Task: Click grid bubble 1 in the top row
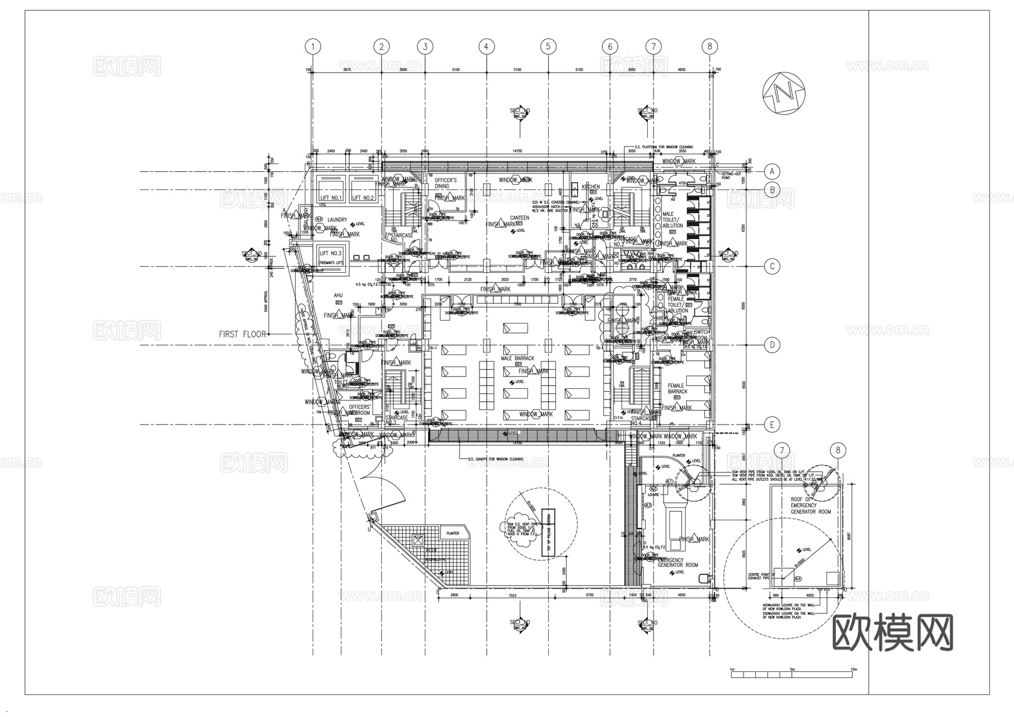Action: [x=313, y=46]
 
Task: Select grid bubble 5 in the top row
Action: [x=548, y=46]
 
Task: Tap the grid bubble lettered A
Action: [x=772, y=171]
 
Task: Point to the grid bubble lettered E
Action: [x=772, y=425]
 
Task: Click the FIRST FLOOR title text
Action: [x=242, y=334]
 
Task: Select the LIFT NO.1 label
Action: [x=331, y=198]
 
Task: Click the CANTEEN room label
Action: [x=519, y=218]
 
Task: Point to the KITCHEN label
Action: [x=591, y=187]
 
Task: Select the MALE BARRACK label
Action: [x=517, y=358]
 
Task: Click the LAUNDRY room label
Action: [x=337, y=220]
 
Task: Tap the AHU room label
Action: [x=338, y=295]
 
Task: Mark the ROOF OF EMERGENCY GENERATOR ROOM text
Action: [x=810, y=506]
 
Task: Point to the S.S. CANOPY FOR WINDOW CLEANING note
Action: [x=495, y=459]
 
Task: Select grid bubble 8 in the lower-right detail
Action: [x=838, y=450]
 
